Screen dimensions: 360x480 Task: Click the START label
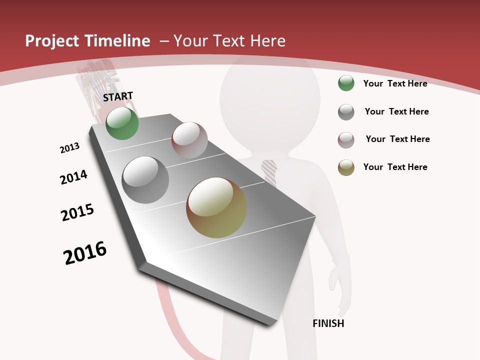(118, 96)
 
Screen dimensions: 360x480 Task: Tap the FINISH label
(328, 323)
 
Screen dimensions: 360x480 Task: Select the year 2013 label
(69, 147)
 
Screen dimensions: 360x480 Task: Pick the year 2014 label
(73, 177)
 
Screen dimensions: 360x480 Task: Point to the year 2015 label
(77, 212)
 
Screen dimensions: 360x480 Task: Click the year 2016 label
(85, 253)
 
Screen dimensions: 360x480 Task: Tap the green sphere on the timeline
(122, 123)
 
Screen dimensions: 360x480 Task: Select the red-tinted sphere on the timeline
(189, 139)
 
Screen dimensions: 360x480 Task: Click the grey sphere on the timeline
(145, 179)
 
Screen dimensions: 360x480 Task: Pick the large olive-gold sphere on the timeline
(216, 207)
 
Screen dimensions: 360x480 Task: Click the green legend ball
(346, 83)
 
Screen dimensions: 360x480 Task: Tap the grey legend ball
(346, 112)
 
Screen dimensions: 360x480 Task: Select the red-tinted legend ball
(346, 140)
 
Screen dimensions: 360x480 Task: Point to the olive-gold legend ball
(346, 167)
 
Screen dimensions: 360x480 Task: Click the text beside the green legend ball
(395, 83)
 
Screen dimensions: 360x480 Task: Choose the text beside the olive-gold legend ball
(395, 167)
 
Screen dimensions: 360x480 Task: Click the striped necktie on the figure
(269, 172)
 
